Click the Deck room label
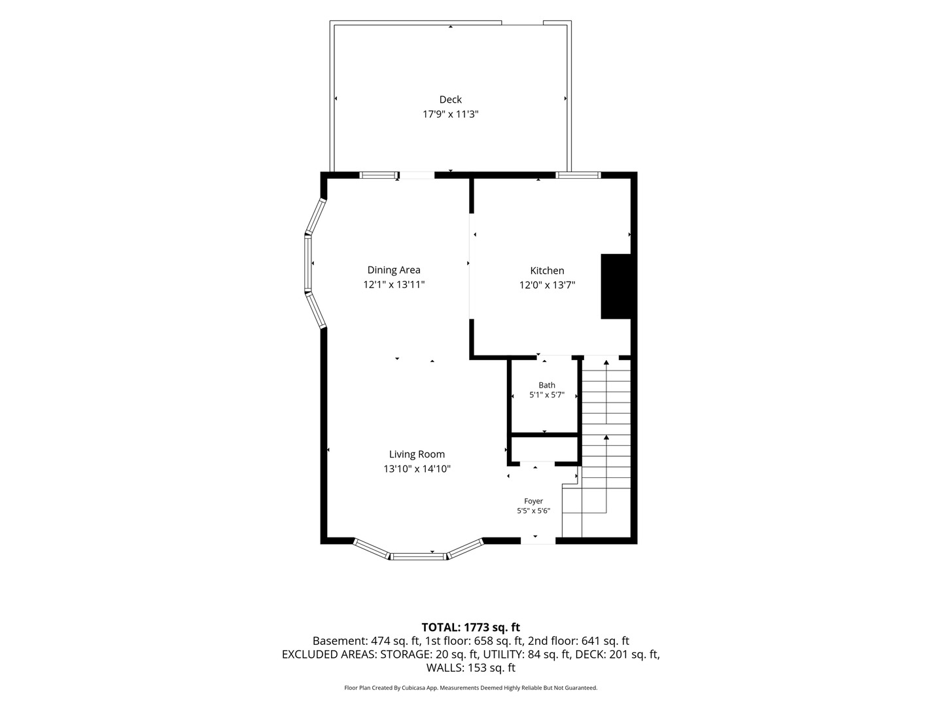click(x=450, y=100)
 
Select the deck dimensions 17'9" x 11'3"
click(x=450, y=114)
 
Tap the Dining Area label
click(x=394, y=270)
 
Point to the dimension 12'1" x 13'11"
click(x=394, y=285)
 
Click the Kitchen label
click(x=547, y=270)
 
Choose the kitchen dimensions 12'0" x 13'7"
click(x=547, y=285)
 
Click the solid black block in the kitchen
click(x=616, y=286)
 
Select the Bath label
click(x=547, y=385)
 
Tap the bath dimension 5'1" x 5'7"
click(x=547, y=395)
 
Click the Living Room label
click(x=417, y=454)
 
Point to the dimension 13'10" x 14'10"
click(x=417, y=469)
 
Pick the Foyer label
click(x=533, y=501)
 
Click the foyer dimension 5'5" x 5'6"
click(x=533, y=511)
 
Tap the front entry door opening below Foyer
click(x=538, y=541)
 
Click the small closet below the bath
click(x=545, y=450)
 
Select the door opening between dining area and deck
click(x=417, y=175)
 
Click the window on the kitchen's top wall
click(x=578, y=175)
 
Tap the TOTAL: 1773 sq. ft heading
click(x=471, y=628)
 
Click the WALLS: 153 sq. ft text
click(x=471, y=668)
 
